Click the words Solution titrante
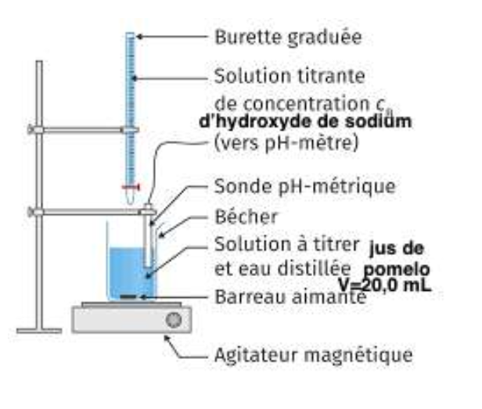290,77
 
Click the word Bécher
243,214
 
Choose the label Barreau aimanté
290,298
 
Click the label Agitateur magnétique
312,355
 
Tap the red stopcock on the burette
130,187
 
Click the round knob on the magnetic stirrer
174,319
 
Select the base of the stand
39,326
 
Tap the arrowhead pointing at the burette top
140,36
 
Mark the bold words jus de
395,249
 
